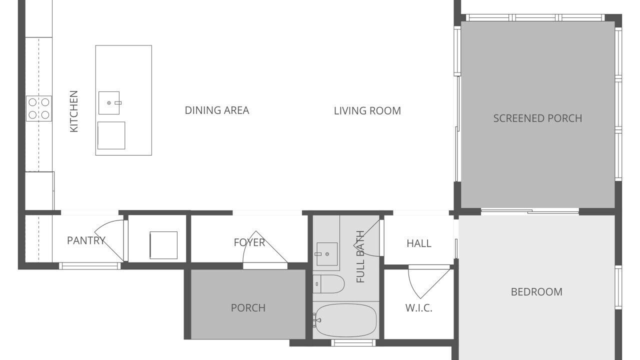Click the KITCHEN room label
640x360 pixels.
73,111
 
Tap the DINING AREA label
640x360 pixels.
217,110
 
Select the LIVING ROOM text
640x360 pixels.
367,111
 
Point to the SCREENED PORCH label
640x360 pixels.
537,118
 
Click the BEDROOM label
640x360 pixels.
536,292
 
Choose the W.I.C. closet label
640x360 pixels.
418,308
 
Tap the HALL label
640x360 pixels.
419,243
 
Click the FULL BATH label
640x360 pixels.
360,256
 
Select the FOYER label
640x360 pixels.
249,242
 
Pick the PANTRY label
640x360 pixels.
86,240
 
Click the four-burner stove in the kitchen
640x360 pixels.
39,108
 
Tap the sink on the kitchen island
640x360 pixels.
109,103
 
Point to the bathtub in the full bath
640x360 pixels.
346,320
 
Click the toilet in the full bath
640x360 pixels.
328,284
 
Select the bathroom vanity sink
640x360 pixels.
327,254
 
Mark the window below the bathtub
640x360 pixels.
353,342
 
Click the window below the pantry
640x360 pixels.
90,266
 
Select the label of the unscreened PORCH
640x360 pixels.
248,308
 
